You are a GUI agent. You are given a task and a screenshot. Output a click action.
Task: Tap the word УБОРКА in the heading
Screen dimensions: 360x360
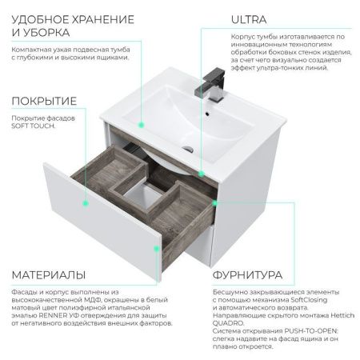[x=46, y=33]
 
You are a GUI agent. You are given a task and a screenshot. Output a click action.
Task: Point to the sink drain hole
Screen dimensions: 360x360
[x=188, y=149]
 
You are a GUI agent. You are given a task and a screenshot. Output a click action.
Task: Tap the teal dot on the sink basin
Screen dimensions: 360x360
[x=142, y=124]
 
